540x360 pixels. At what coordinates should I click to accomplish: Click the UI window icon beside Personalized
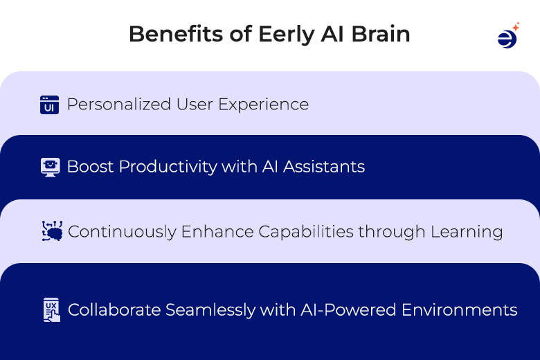(x=49, y=105)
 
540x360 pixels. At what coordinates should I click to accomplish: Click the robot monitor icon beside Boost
(x=50, y=168)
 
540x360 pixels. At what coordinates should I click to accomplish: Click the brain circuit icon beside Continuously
(x=52, y=231)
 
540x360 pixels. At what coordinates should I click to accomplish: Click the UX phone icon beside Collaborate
(x=51, y=309)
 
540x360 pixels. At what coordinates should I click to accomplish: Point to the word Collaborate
(x=114, y=309)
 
